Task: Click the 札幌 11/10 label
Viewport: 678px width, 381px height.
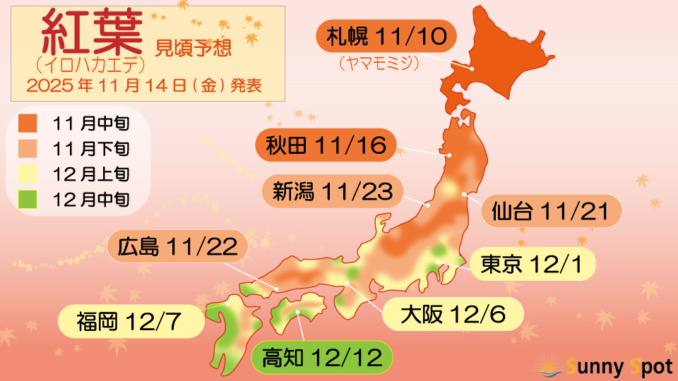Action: click(387, 37)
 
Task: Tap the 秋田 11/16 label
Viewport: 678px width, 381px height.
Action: click(326, 146)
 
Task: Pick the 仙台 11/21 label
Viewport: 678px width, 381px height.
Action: click(551, 211)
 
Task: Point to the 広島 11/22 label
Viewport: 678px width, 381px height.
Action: click(178, 247)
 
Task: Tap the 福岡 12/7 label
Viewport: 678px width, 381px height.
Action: click(131, 321)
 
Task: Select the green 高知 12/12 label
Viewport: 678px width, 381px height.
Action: click(322, 358)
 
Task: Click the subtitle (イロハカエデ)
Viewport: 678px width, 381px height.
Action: click(90, 66)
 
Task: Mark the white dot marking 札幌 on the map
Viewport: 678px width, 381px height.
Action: click(471, 69)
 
